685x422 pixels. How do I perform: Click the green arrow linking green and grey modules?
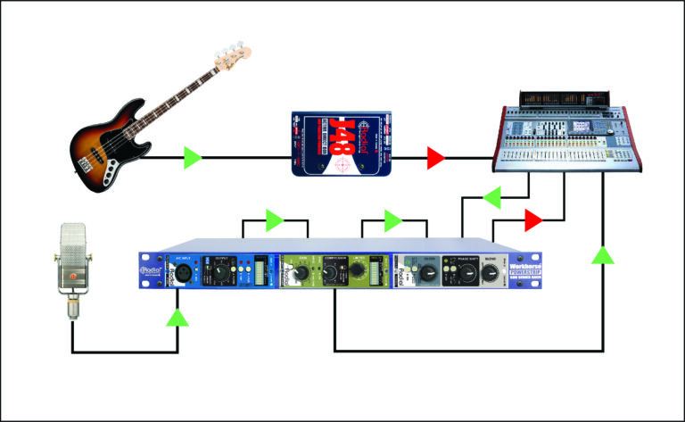click(392, 219)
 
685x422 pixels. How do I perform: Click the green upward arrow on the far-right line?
click(604, 256)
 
